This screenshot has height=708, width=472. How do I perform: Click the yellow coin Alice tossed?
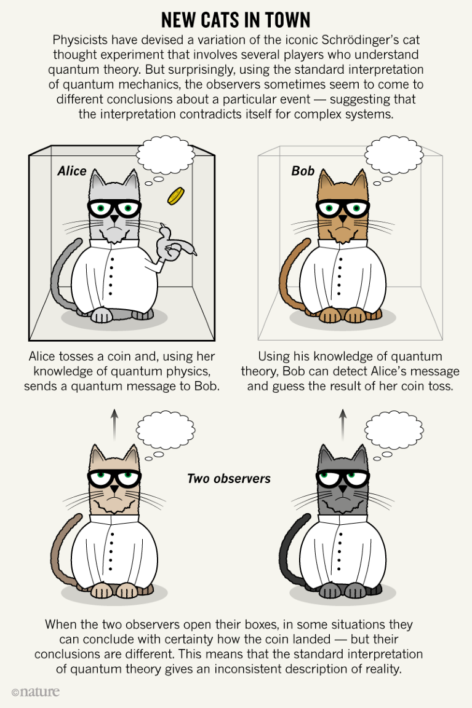pyautogui.click(x=176, y=196)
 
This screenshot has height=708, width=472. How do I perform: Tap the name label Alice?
pyautogui.click(x=72, y=171)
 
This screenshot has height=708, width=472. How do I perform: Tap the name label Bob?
pyautogui.click(x=303, y=171)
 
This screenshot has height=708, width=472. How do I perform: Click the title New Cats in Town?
pyautogui.click(x=236, y=20)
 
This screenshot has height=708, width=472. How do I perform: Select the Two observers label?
pyautogui.click(x=229, y=479)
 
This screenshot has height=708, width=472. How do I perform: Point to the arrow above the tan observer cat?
pyautogui.click(x=114, y=425)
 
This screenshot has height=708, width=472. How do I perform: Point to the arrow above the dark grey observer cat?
pyautogui.click(x=343, y=425)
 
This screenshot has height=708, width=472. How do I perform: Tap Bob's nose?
pyautogui.click(x=343, y=219)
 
